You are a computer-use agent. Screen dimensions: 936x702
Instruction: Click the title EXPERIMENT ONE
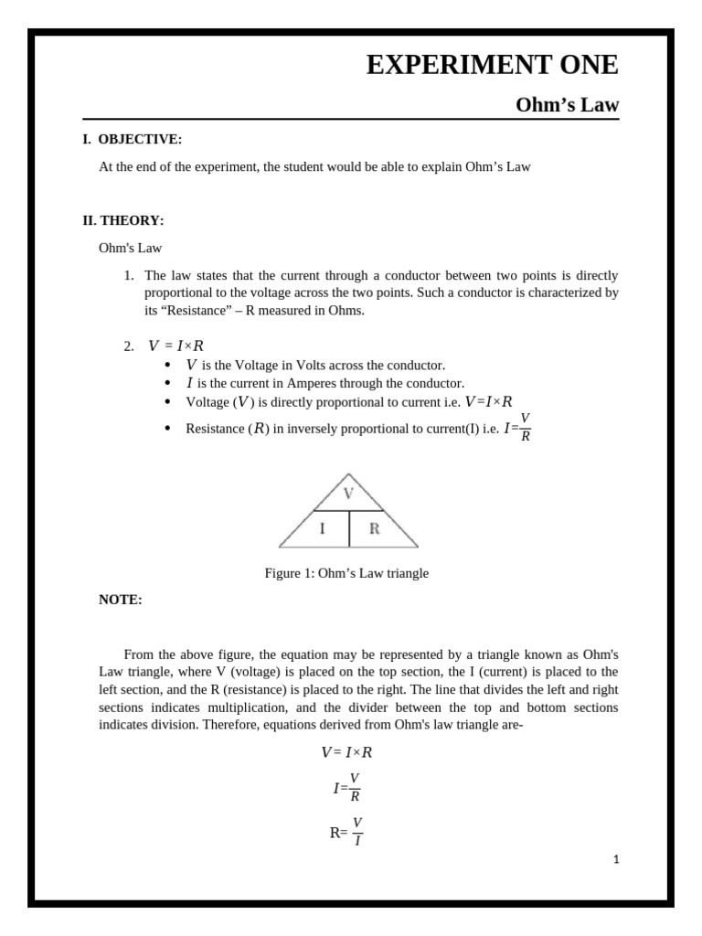pos(492,65)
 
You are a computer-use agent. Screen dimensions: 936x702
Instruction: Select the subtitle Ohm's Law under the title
pos(567,105)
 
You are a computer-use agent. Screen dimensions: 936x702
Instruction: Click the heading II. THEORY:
pos(123,220)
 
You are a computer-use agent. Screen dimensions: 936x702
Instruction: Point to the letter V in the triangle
pos(348,494)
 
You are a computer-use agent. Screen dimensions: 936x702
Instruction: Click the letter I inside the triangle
pos(322,528)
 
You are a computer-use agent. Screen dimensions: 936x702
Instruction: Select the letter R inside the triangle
pos(374,528)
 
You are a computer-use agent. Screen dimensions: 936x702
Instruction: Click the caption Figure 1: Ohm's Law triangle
pos(346,573)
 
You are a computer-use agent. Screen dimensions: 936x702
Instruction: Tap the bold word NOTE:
pos(121,600)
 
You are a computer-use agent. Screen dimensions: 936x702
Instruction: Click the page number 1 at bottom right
pos(616,859)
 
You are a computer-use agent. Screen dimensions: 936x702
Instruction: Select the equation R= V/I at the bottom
pos(346,832)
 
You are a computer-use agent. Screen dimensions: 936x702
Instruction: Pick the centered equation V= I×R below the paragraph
pos(346,752)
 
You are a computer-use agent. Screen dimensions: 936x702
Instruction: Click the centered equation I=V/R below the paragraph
pos(346,787)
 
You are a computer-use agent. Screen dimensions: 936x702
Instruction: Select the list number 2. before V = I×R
pos(129,346)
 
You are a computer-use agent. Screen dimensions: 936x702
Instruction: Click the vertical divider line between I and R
pos(349,528)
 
